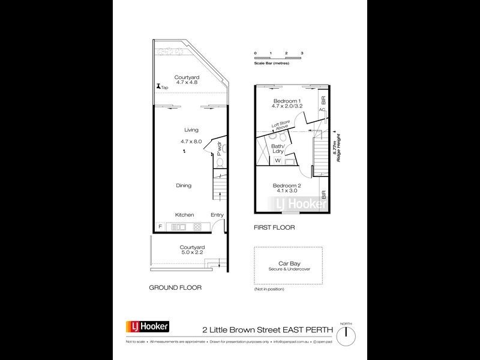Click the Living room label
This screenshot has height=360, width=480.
[191, 130]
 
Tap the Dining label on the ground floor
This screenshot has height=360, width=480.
[184, 185]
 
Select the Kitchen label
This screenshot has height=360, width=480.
[184, 215]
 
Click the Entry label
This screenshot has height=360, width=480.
[217, 215]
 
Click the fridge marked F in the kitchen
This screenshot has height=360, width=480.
[160, 226]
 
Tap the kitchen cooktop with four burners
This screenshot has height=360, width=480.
[197, 227]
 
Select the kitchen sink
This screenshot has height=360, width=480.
[179, 227]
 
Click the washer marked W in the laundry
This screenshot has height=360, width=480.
[278, 160]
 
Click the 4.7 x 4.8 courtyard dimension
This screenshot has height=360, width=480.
[187, 83]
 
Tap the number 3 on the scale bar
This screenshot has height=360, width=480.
[302, 53]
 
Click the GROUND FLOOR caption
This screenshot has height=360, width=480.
[175, 288]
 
